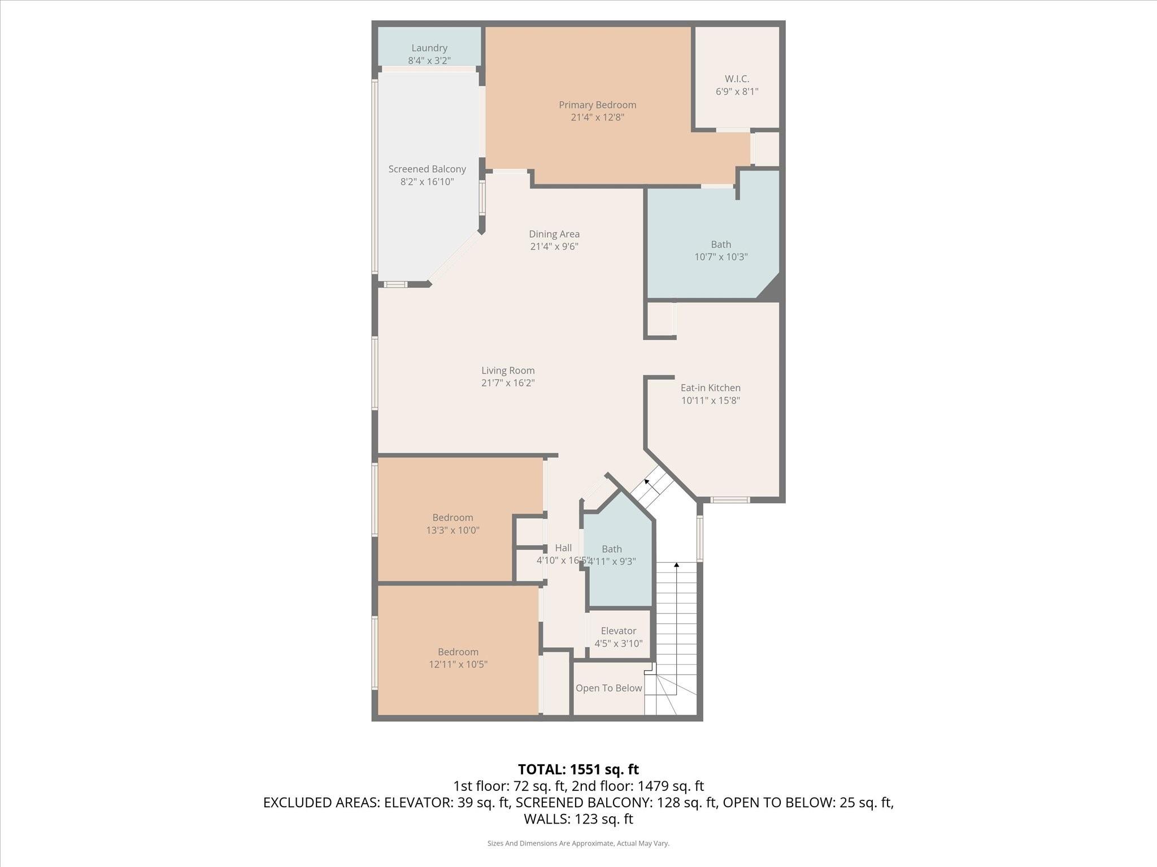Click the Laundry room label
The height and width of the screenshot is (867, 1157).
[429, 49]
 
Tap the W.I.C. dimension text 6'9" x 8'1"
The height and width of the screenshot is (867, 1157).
[737, 91]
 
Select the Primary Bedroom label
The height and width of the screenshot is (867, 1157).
[597, 105]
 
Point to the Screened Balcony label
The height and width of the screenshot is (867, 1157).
[427, 169]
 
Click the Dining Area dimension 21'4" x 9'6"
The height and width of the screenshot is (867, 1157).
[554, 247]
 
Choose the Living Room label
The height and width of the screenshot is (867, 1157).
[508, 371]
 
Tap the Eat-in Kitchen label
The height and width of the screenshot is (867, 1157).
[710, 388]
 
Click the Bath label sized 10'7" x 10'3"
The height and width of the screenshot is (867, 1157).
[720, 245]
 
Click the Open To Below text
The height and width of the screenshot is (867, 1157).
[608, 688]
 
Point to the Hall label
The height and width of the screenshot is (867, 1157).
[563, 548]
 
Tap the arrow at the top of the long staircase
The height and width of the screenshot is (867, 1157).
[676, 565]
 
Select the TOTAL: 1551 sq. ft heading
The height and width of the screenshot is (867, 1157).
[578, 769]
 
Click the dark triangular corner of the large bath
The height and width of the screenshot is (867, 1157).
[771, 288]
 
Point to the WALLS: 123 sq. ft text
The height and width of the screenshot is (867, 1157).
[578, 819]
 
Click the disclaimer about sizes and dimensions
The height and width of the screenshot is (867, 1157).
[578, 843]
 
